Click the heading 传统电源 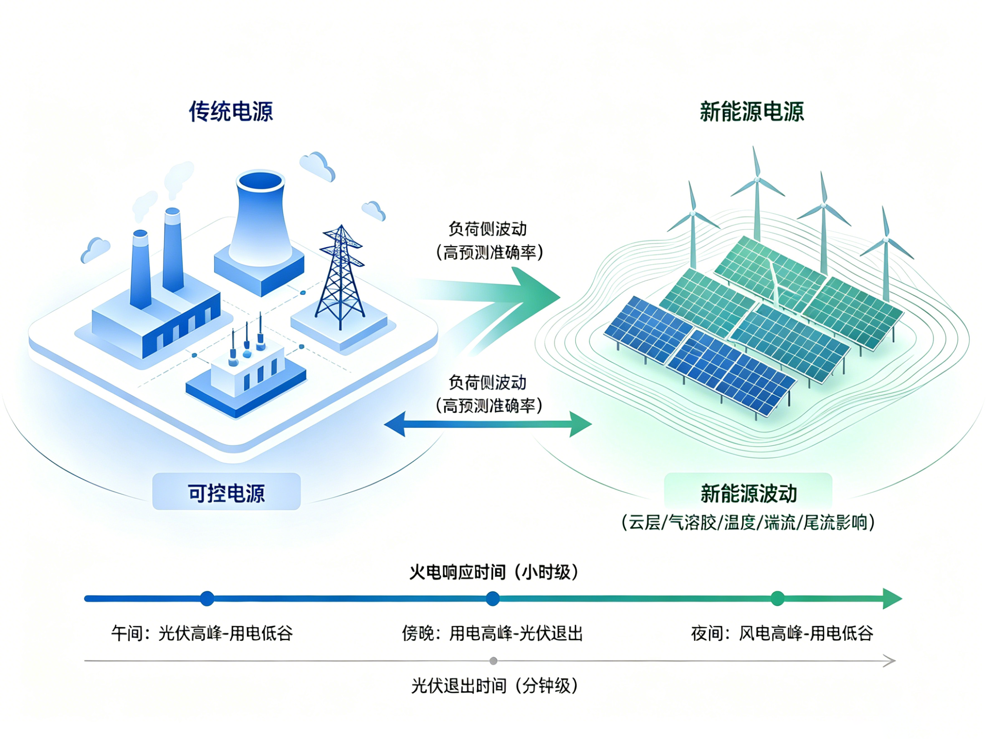pos(231,111)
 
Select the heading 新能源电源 pos(752,111)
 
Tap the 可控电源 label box pos(226,492)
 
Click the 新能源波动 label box pos(748,492)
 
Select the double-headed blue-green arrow pos(488,424)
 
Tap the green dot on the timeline pos(777,599)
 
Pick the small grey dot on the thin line pos(493,661)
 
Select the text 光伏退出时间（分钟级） pos(494,686)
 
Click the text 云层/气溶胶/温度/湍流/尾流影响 pos(748,522)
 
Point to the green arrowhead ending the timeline pos(892,599)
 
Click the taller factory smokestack pos(173,250)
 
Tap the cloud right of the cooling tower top pos(318,166)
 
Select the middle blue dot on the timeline pos(493,599)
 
